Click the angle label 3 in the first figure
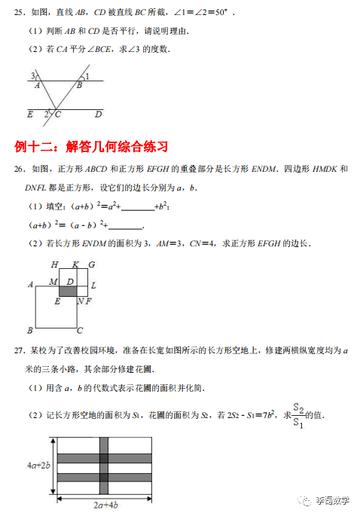coord(32,75)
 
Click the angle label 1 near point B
coord(87,76)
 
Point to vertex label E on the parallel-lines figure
coord(30,114)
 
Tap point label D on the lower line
coord(98,114)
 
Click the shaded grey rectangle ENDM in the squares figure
coord(69,290)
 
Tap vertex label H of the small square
coord(54,264)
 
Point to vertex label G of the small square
coord(91,264)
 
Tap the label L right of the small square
coord(93,286)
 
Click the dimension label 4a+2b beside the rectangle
coord(38,466)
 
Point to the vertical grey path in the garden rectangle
coord(104,466)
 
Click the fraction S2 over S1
coord(298,417)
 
